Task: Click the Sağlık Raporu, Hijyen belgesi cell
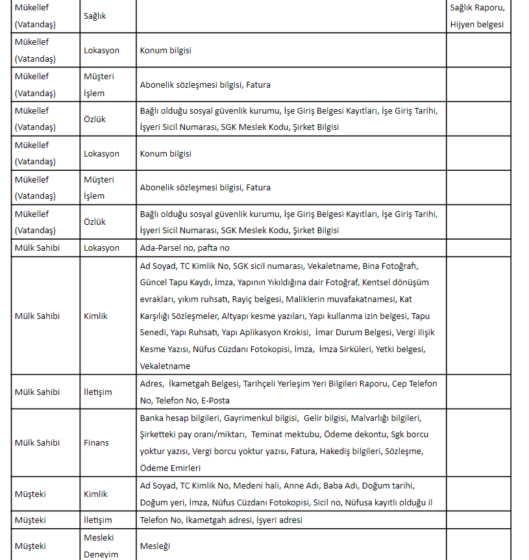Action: point(477,17)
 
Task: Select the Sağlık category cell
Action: point(95,16)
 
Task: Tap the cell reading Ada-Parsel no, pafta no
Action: point(185,248)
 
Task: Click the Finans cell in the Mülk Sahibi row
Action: point(96,442)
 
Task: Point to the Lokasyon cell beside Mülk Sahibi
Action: point(101,248)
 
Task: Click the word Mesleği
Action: point(154,546)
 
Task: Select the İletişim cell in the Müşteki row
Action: point(97,520)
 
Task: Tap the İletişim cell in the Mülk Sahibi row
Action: point(97,392)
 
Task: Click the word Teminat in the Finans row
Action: point(269,434)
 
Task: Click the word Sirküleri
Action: point(358,350)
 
